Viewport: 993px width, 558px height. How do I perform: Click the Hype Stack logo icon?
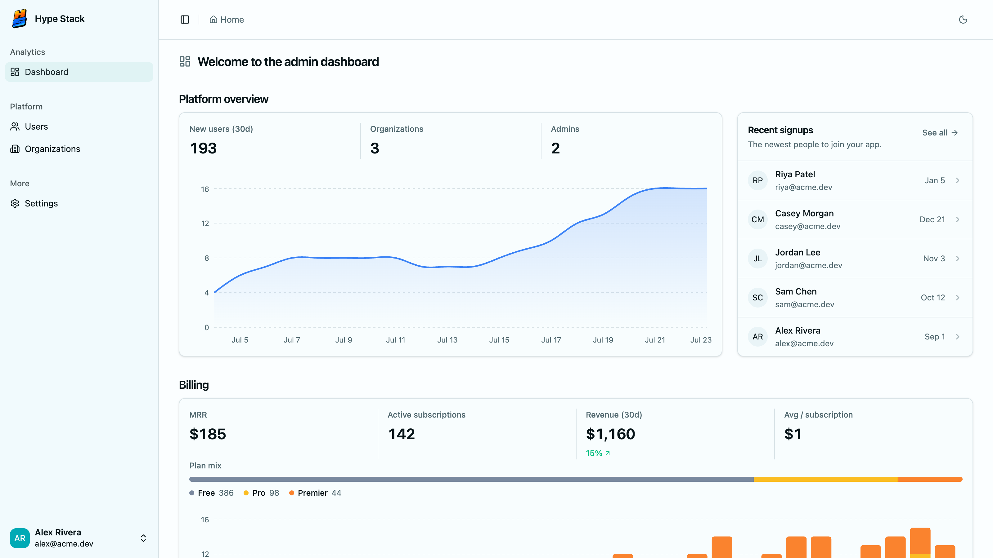tap(19, 19)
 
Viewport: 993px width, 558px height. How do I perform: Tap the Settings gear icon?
tap(15, 203)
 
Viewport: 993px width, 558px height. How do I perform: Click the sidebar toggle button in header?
tap(185, 20)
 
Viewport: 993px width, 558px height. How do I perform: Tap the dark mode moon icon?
tap(963, 20)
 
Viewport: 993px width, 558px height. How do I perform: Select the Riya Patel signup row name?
tap(795, 175)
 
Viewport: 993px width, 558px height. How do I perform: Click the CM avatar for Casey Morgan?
tap(757, 219)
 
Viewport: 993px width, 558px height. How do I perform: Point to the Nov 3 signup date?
tap(934, 259)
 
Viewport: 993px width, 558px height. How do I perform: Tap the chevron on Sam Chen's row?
tap(958, 298)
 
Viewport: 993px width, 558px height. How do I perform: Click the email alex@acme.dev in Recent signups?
tap(804, 343)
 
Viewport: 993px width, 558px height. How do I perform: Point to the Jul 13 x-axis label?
tap(447, 340)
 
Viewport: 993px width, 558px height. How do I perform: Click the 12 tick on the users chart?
tap(205, 223)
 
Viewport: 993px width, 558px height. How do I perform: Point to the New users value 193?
tap(203, 148)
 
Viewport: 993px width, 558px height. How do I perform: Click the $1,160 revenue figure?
tap(610, 434)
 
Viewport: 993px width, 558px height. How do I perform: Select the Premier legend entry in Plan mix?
tap(315, 493)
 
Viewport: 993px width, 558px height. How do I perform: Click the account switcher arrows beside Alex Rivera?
tap(143, 538)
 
